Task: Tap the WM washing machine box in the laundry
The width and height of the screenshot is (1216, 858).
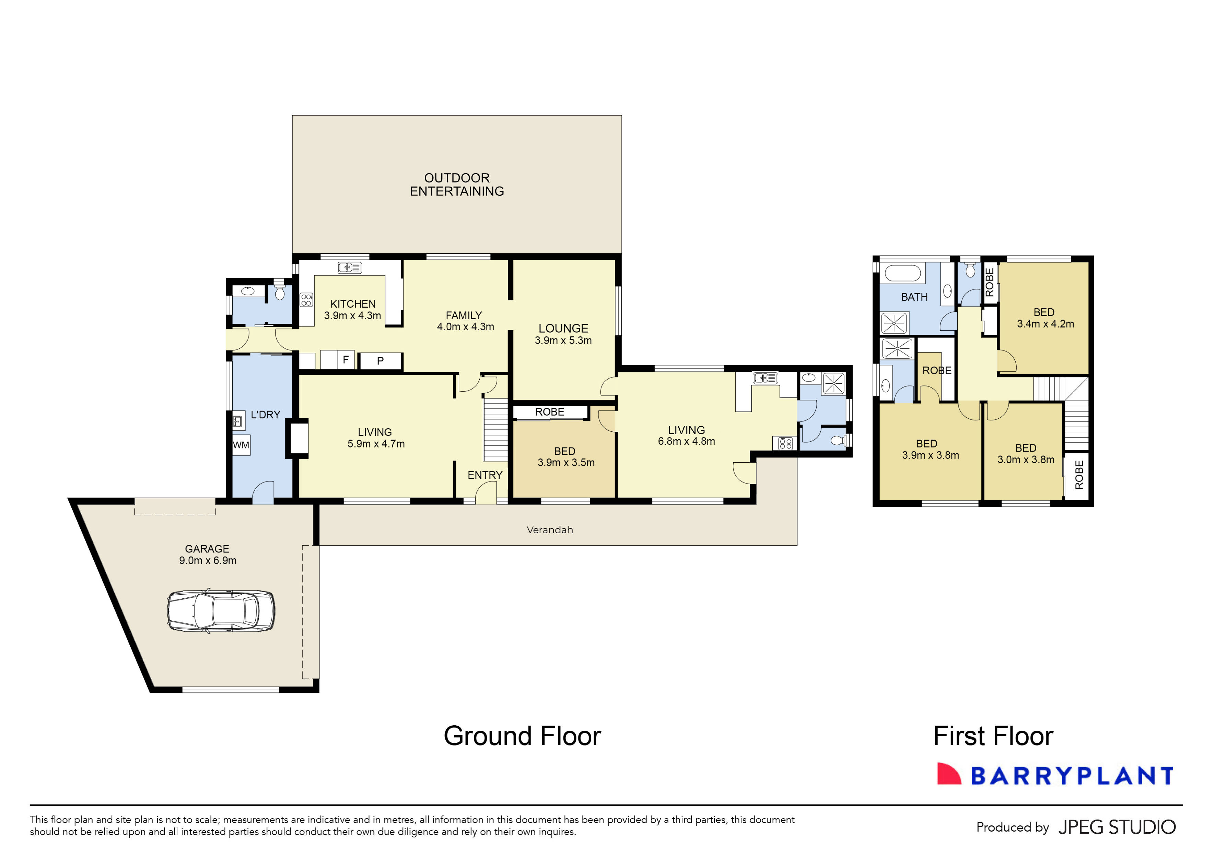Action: coord(241,445)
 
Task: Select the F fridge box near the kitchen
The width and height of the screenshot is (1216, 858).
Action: coord(345,360)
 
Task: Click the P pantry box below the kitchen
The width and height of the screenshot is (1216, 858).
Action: coord(380,361)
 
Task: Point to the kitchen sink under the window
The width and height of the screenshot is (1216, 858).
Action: coord(350,268)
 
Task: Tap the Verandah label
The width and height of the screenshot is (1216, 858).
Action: coord(550,530)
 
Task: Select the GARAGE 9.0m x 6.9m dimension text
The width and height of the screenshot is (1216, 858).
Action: coord(208,561)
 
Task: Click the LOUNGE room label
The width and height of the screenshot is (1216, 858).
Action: coord(563,329)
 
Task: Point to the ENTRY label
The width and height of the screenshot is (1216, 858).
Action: coord(484,475)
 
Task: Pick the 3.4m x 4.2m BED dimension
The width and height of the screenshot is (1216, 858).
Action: coord(1045,324)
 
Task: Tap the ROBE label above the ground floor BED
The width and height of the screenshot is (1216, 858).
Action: coord(549,412)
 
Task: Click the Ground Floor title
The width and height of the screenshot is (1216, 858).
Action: coord(522,736)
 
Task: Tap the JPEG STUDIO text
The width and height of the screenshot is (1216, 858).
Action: coord(1117,827)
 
